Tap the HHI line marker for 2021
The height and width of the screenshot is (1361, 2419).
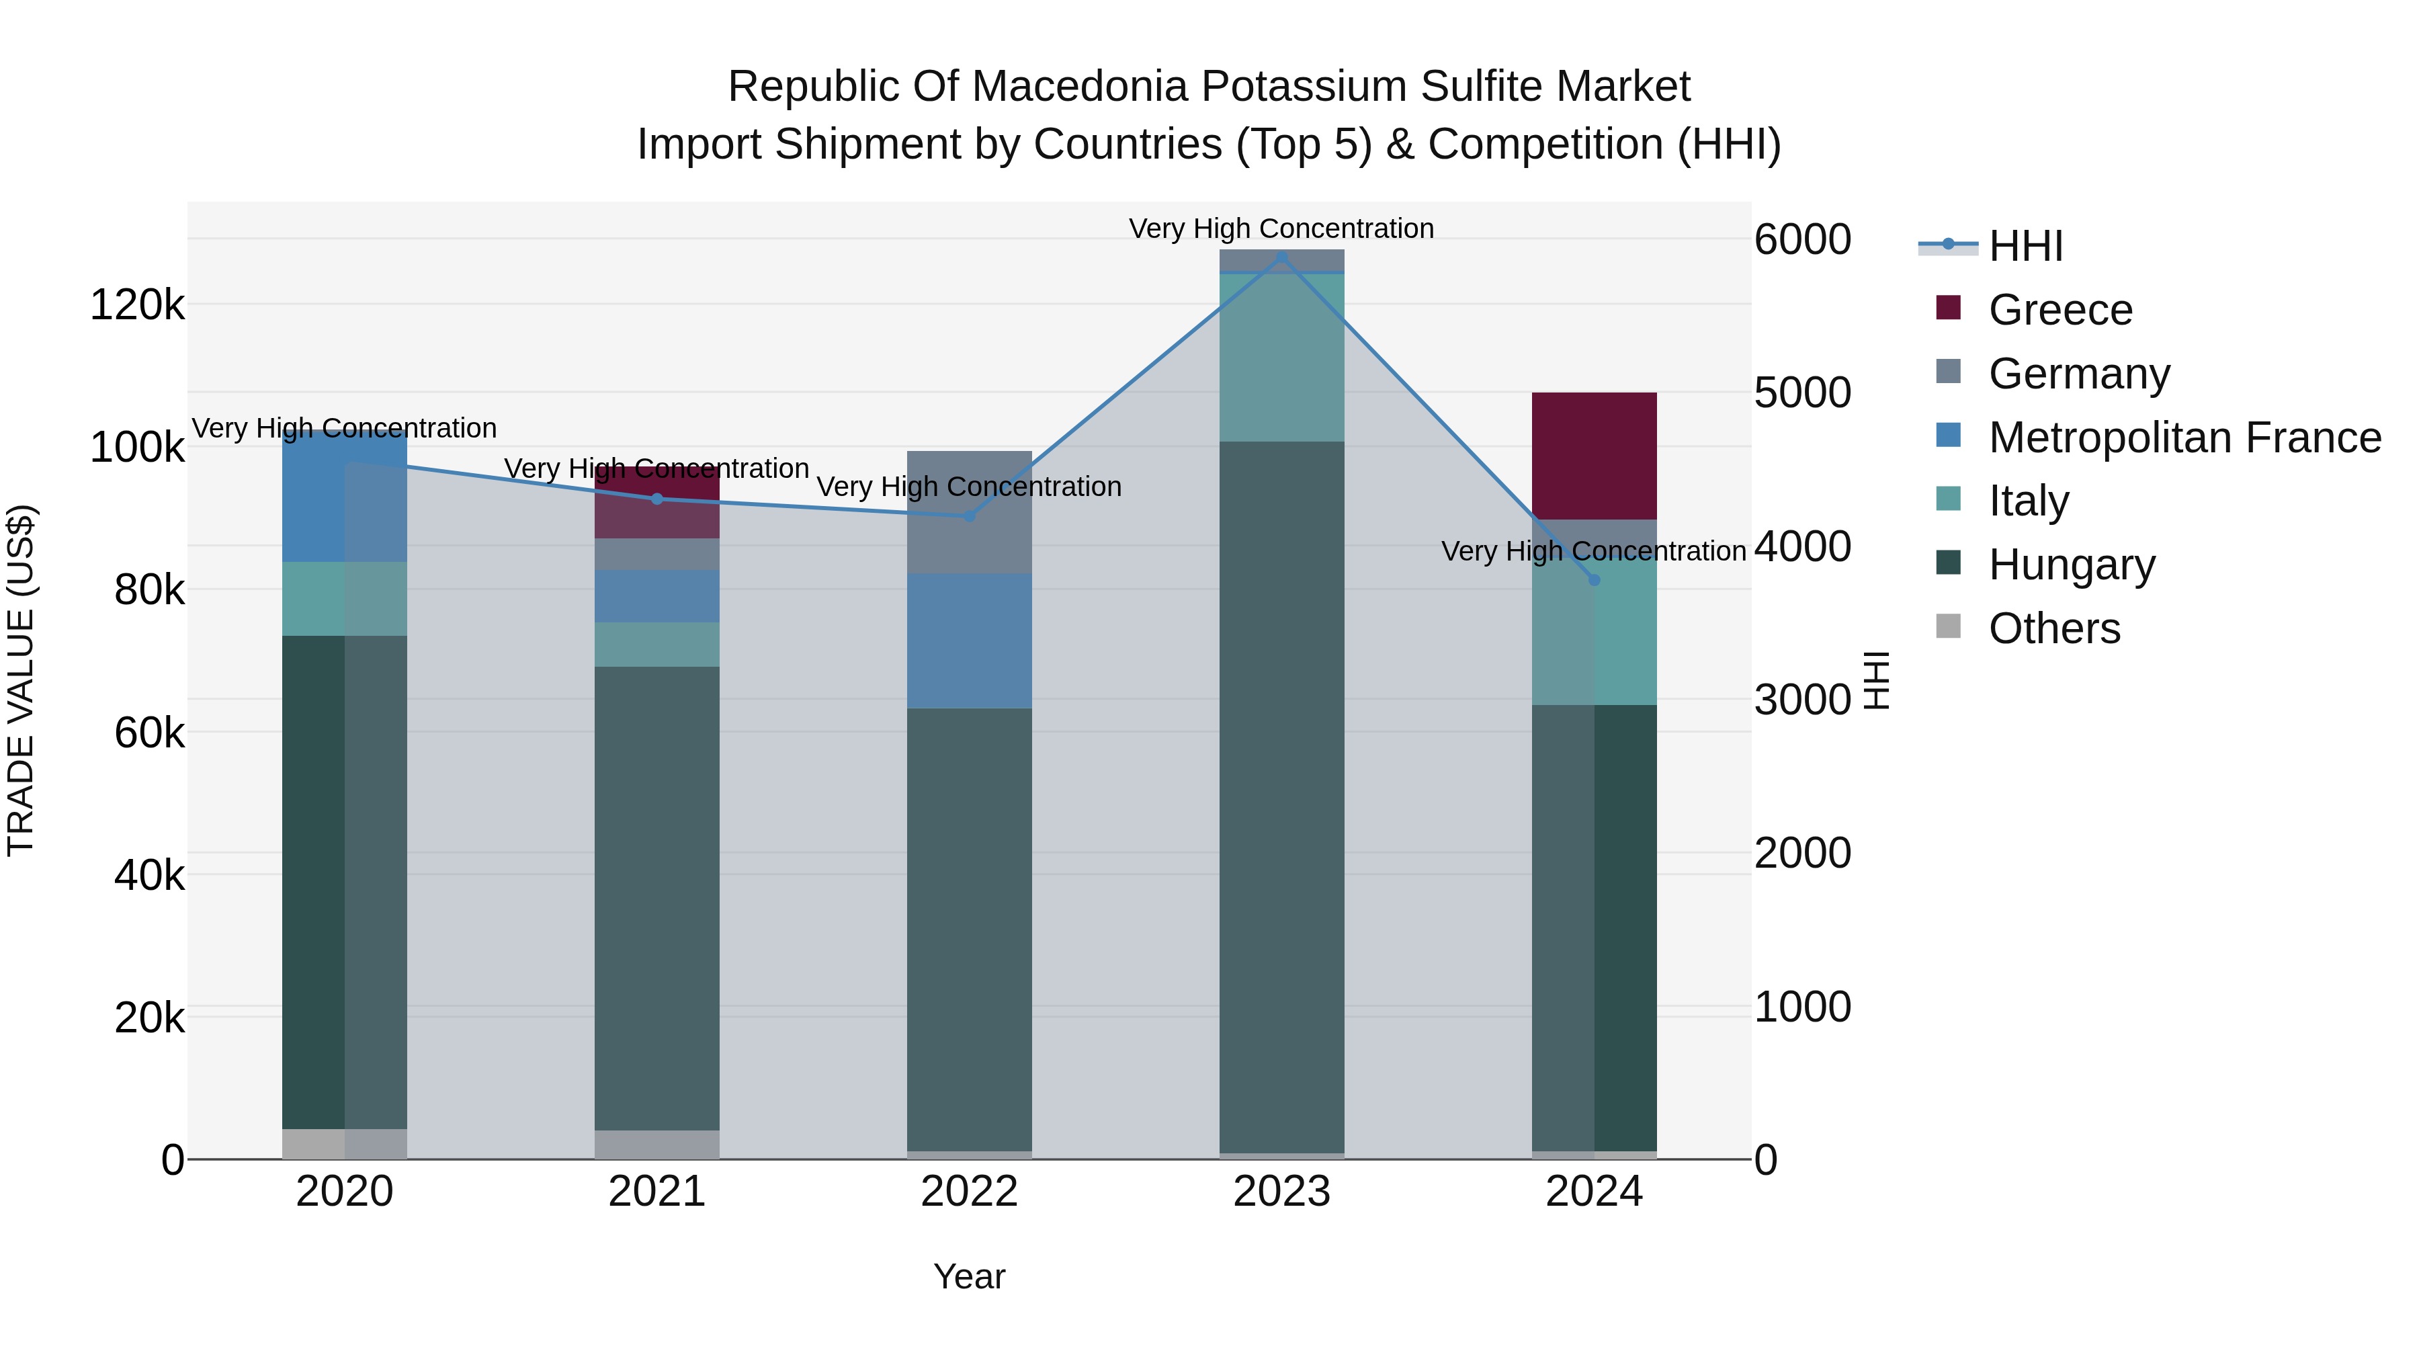coord(656,499)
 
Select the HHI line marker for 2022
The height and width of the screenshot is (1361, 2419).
coord(969,515)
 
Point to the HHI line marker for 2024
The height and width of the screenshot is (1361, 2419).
coord(1594,581)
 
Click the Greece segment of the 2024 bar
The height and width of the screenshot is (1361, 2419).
coord(1594,456)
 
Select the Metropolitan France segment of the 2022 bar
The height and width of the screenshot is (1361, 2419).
coord(969,641)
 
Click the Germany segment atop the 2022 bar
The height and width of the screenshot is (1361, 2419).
coord(969,512)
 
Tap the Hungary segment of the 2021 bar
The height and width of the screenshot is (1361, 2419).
coord(656,897)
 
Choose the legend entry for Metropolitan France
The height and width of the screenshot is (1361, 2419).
coord(2184,438)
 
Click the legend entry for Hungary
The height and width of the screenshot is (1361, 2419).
coord(2071,565)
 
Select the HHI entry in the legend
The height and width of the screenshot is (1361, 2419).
coord(2025,246)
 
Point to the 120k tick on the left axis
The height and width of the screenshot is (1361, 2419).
coord(137,305)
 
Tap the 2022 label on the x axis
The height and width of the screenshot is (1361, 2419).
coord(969,1192)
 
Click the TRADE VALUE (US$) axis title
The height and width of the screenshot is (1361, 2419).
coord(21,680)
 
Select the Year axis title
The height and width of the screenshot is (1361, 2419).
coord(969,1276)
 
